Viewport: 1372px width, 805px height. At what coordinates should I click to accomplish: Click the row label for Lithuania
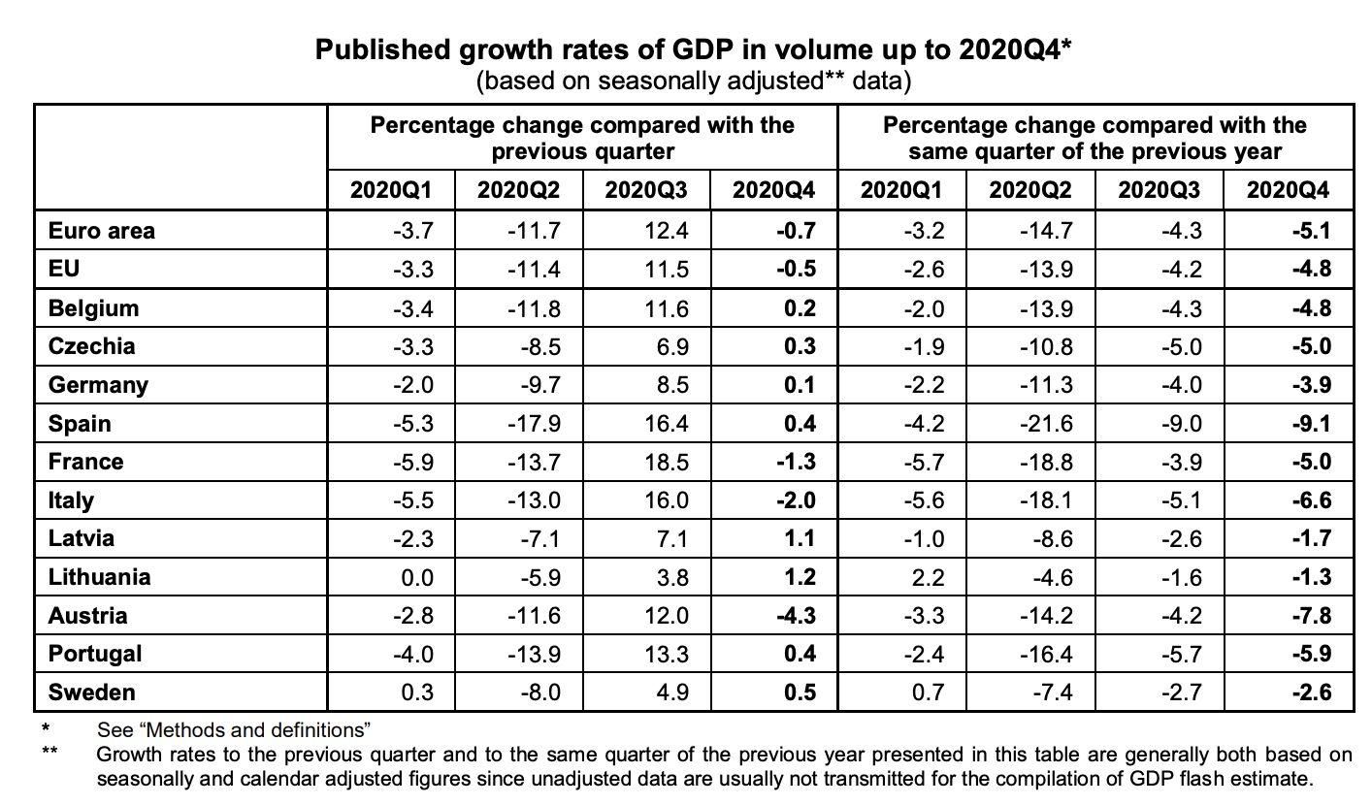coord(99,577)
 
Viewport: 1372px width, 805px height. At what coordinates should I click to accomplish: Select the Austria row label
coord(87,616)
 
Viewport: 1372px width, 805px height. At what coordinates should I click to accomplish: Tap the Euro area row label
coord(101,231)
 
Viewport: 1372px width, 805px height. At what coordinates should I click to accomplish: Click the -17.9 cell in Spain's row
coord(533,424)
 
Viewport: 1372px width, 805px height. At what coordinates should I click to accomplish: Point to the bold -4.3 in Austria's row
coord(796,616)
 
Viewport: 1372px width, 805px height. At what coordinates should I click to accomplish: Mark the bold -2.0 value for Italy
coord(796,500)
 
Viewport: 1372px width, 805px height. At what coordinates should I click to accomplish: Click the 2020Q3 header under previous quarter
coord(645,189)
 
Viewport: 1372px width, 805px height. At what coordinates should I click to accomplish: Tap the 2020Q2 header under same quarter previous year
coord(1029,189)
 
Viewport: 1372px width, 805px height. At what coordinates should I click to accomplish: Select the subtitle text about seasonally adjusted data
coord(693,80)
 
